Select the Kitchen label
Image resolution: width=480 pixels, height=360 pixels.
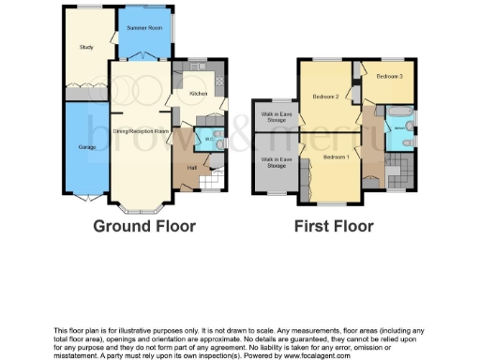point(198,94)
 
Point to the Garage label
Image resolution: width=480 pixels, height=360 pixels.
point(86,147)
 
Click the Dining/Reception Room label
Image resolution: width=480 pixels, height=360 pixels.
point(141,130)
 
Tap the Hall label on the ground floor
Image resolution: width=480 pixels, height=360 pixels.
point(191,167)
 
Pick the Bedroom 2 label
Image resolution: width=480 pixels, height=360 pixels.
point(324,97)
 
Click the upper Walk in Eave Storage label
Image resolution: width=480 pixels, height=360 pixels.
point(275,117)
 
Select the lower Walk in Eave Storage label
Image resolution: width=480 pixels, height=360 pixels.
point(275,163)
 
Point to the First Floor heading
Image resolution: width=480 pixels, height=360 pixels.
point(334,227)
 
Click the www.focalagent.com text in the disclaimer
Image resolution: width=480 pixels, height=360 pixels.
point(313,356)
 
